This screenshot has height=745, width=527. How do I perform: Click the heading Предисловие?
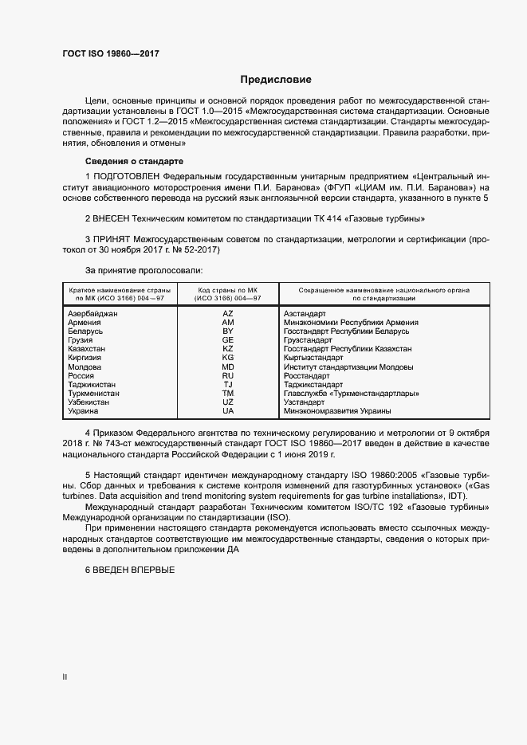point(276,80)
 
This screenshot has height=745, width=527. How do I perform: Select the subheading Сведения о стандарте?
point(134,161)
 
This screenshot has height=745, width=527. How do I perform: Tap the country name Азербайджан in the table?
point(93,314)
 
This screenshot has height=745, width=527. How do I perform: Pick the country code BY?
point(227,331)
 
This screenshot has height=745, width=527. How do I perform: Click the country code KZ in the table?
point(227,349)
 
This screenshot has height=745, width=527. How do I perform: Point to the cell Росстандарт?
point(306,375)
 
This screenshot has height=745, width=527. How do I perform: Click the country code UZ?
point(227,402)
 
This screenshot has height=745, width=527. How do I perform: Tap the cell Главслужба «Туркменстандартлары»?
point(352,393)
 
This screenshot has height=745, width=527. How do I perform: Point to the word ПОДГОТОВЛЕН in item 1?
point(130,174)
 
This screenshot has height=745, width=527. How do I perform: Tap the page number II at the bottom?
point(65,677)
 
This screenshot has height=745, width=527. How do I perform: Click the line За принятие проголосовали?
point(137,269)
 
